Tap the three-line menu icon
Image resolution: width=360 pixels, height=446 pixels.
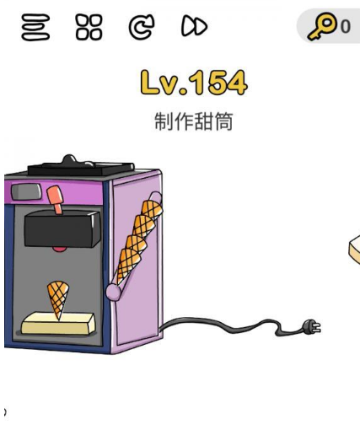click(35, 27)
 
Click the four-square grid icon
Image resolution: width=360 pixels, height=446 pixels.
click(89, 27)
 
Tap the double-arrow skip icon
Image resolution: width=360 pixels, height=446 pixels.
click(194, 26)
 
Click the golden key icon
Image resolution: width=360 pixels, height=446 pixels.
click(322, 26)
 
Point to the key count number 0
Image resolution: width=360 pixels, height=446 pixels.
click(345, 27)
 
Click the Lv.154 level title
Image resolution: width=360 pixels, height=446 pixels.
click(194, 83)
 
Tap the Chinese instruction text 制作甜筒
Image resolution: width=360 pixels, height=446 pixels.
click(194, 121)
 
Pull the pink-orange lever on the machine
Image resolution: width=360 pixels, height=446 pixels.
click(56, 198)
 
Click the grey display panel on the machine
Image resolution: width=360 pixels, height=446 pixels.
click(26, 191)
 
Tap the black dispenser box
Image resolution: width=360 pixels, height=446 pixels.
click(62, 229)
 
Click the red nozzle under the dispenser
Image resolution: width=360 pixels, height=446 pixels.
click(60, 250)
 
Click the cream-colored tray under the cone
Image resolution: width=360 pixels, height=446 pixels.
click(58, 324)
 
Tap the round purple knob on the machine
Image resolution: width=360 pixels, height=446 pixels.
click(113, 292)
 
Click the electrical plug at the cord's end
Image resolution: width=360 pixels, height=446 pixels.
click(312, 326)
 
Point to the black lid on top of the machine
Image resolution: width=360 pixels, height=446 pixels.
click(81, 166)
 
